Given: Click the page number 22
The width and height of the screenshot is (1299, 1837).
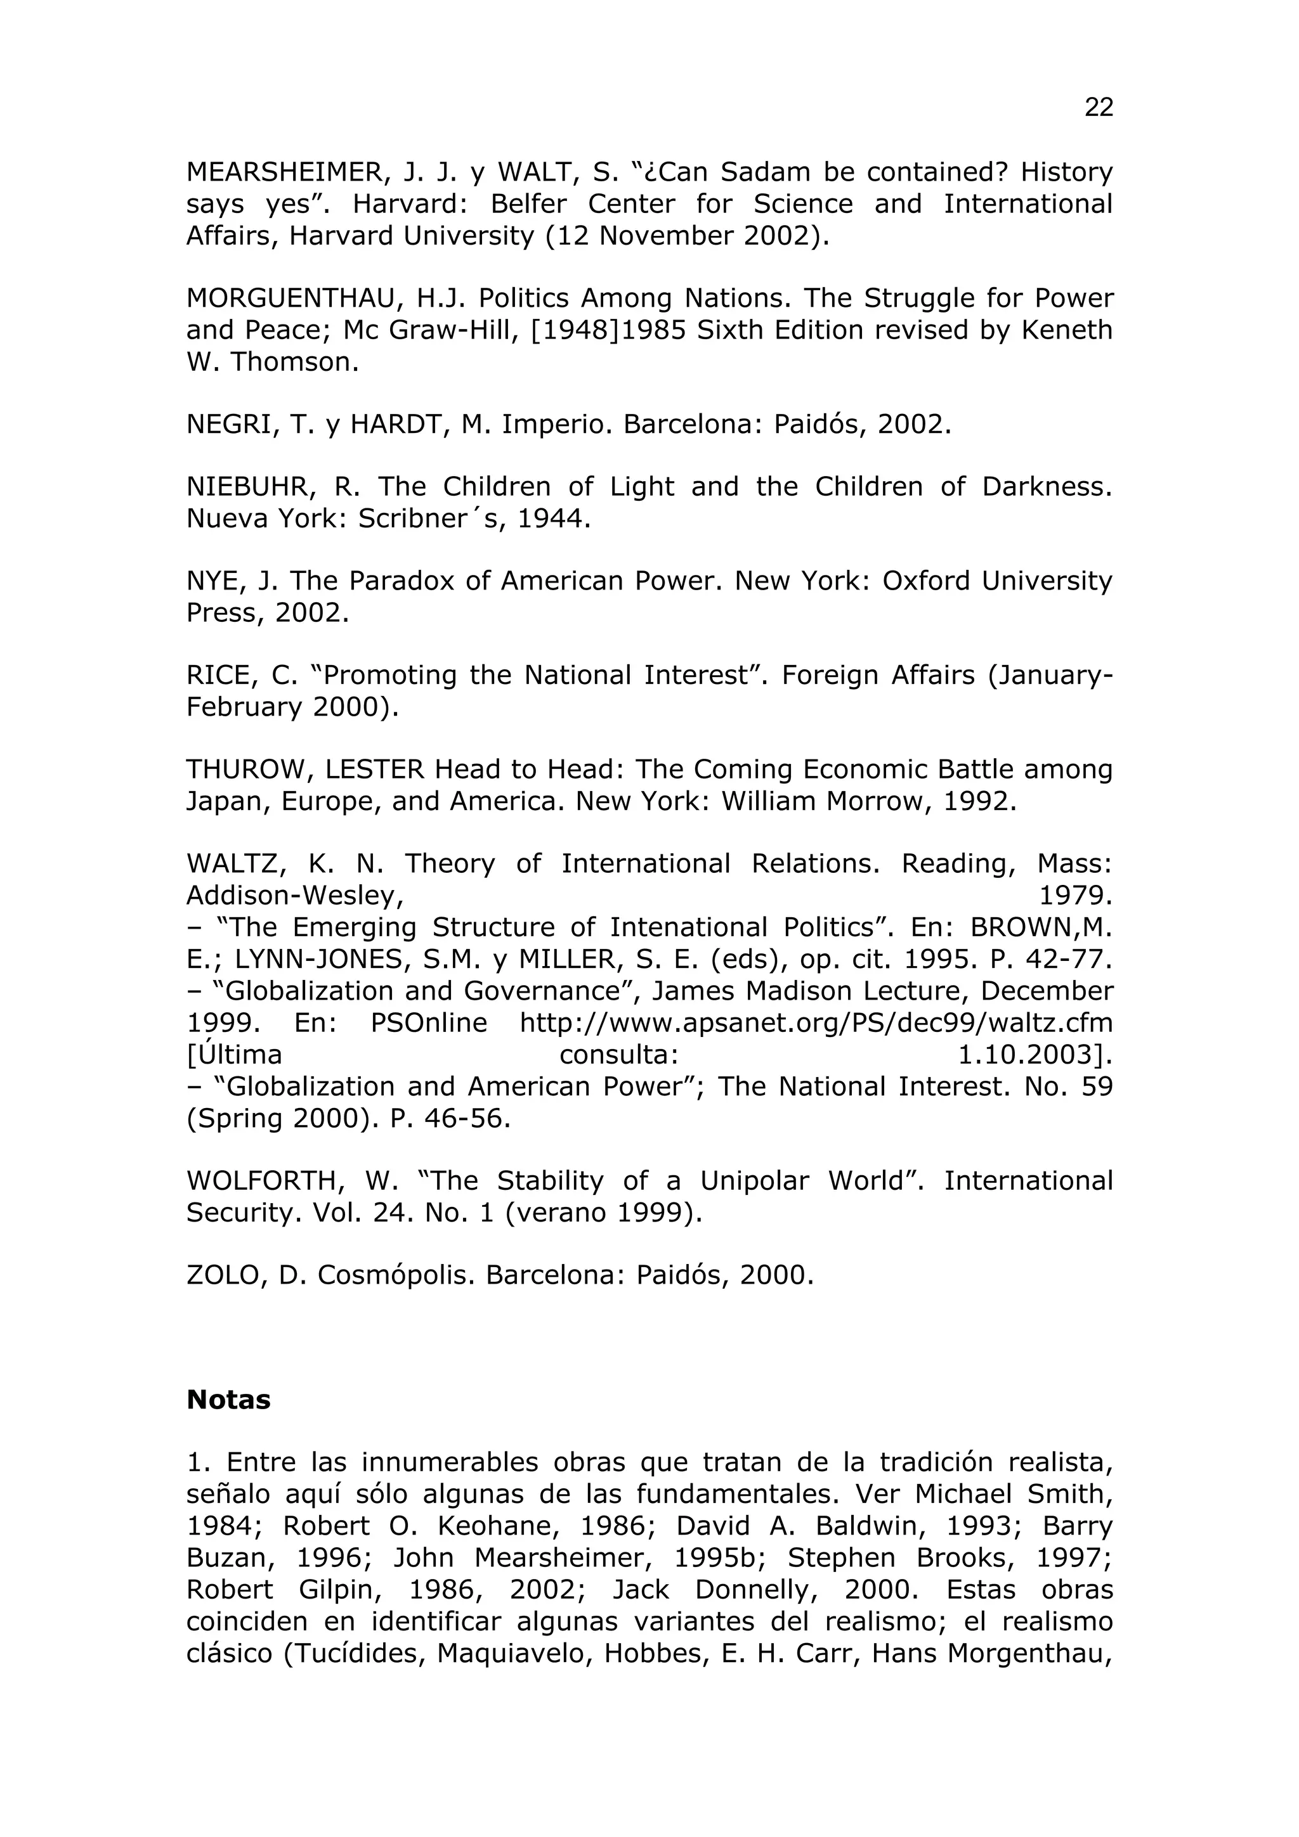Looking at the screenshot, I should [1098, 107].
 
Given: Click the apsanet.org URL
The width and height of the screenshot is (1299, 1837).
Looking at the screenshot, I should [816, 1022].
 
